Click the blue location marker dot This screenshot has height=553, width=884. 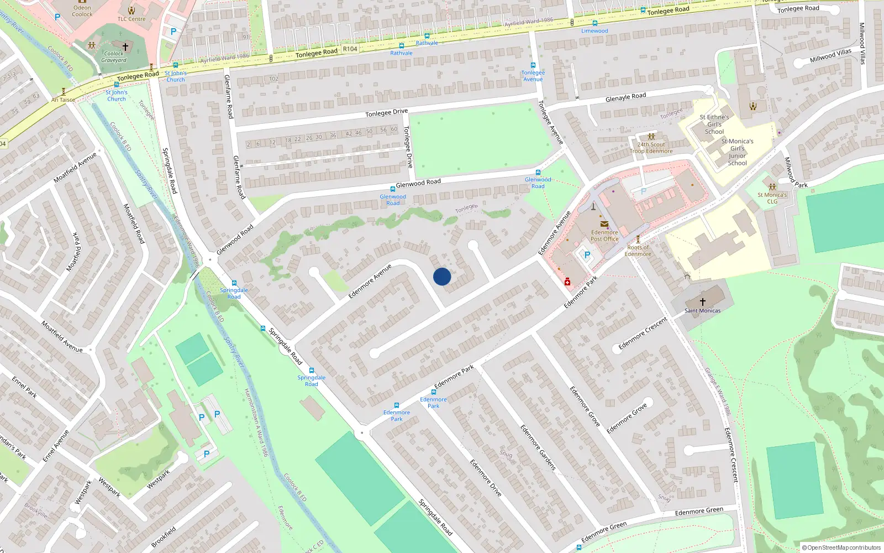pyautogui.click(x=442, y=276)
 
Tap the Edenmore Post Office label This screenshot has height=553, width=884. pyautogui.click(x=604, y=236)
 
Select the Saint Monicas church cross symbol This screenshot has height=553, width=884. pyautogui.click(x=703, y=301)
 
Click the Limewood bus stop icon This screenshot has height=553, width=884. pyautogui.click(x=594, y=23)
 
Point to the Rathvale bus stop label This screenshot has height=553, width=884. pyautogui.click(x=427, y=43)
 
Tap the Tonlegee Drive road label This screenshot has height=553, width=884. pyautogui.click(x=386, y=112)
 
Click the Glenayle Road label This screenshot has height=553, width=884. pyautogui.click(x=625, y=97)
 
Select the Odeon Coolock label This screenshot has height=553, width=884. pyautogui.click(x=82, y=11)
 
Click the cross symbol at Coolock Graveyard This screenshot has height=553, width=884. pyautogui.click(x=125, y=46)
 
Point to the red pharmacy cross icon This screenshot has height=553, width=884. pyautogui.click(x=567, y=282)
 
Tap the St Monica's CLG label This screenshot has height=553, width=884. pyautogui.click(x=772, y=198)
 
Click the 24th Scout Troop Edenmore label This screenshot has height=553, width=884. pyautogui.click(x=651, y=148)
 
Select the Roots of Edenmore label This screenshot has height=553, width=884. pyautogui.click(x=638, y=251)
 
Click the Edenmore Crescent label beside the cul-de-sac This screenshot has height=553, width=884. pyautogui.click(x=643, y=333)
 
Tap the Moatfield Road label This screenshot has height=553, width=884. pyautogui.click(x=134, y=223)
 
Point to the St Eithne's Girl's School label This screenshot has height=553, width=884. pyautogui.click(x=714, y=124)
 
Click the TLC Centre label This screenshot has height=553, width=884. pyautogui.click(x=131, y=19)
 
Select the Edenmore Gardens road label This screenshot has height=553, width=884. pyautogui.click(x=538, y=447)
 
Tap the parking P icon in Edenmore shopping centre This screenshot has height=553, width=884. pyautogui.click(x=587, y=255)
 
